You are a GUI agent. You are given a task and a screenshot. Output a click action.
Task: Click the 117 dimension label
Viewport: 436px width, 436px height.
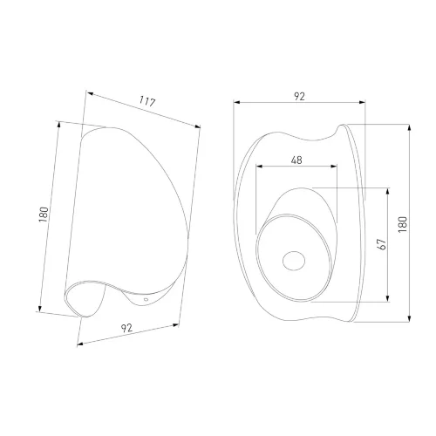tap(147, 101)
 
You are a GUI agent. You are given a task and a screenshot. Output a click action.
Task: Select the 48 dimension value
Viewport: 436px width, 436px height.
tap(296, 160)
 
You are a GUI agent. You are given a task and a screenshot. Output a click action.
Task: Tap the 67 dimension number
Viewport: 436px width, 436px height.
tap(381, 244)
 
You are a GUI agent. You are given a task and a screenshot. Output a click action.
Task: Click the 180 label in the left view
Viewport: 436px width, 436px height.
tap(44, 215)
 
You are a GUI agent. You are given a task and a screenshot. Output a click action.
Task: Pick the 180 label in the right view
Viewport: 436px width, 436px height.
tap(403, 224)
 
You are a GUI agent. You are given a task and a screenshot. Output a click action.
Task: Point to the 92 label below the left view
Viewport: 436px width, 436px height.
tap(126, 328)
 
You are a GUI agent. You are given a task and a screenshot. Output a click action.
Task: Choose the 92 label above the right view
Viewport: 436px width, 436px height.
tap(299, 96)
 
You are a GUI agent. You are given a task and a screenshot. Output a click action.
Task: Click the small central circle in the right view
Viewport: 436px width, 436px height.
tap(294, 261)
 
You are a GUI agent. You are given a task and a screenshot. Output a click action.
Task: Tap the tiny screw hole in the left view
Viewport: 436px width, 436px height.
tap(146, 299)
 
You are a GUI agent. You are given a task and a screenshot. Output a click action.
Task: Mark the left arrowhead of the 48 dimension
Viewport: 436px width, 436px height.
tap(259, 167)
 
